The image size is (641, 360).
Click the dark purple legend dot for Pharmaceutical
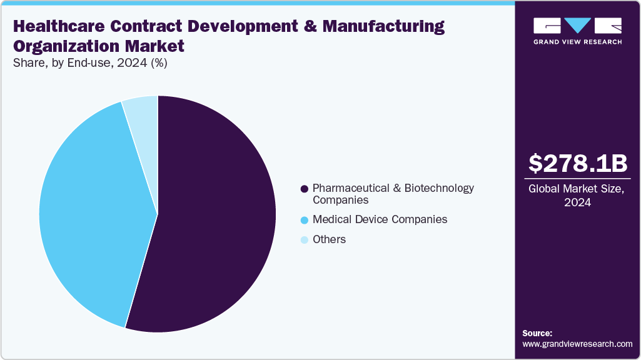tap(305, 188)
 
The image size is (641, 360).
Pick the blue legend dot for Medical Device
tap(305, 220)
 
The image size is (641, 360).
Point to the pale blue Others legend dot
tap(305, 240)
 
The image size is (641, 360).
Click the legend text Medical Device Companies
tap(380, 219)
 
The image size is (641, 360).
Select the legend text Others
tap(329, 239)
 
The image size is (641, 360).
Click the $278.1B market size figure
tap(577, 163)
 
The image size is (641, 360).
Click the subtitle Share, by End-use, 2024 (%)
tap(89, 62)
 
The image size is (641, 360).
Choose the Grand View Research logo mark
tap(577, 26)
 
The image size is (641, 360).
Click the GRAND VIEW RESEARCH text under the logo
tap(577, 42)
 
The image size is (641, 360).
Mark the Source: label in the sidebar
tap(537, 333)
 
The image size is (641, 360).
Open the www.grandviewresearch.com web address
tap(577, 344)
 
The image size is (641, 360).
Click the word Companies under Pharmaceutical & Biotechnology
tap(340, 200)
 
